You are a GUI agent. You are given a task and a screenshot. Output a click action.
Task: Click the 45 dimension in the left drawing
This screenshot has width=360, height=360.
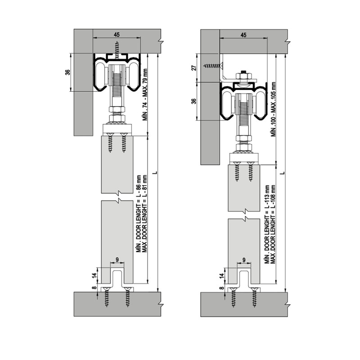117,35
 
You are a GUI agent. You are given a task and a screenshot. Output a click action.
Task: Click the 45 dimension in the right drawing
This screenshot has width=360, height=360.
243,35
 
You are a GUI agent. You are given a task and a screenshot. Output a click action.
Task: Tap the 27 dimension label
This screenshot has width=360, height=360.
194,68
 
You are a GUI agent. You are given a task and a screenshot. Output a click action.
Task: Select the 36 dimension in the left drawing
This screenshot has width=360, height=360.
67,72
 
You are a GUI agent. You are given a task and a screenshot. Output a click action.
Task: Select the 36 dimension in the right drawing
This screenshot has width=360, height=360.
194,101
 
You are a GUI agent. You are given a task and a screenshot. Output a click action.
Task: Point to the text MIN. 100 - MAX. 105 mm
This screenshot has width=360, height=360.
273,109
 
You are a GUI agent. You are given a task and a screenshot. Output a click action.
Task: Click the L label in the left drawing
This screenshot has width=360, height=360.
155,172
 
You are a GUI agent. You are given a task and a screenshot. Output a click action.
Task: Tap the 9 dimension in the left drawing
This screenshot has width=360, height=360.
117,260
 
